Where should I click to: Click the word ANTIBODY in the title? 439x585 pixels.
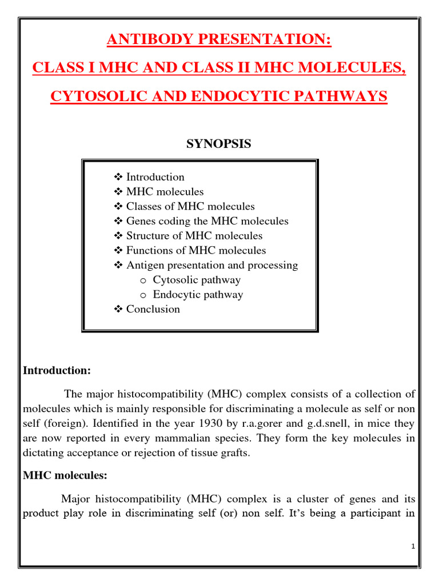[144, 41]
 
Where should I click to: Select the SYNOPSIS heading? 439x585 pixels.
[218, 144]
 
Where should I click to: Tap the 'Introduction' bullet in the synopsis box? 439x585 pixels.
[155, 177]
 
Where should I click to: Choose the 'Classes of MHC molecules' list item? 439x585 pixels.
[190, 206]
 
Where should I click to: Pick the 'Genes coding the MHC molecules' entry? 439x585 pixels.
[207, 221]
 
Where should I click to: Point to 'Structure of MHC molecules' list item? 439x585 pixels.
[194, 236]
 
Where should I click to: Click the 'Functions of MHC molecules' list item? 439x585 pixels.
[195, 250]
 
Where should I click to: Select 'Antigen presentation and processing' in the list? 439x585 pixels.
[211, 265]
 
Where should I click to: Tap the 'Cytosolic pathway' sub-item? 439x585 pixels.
[197, 280]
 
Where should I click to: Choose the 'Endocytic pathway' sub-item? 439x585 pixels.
[198, 295]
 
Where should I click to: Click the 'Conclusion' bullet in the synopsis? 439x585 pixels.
[153, 309]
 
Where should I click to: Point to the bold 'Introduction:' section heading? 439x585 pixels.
[57, 371]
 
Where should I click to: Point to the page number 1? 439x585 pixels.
[413, 547]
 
